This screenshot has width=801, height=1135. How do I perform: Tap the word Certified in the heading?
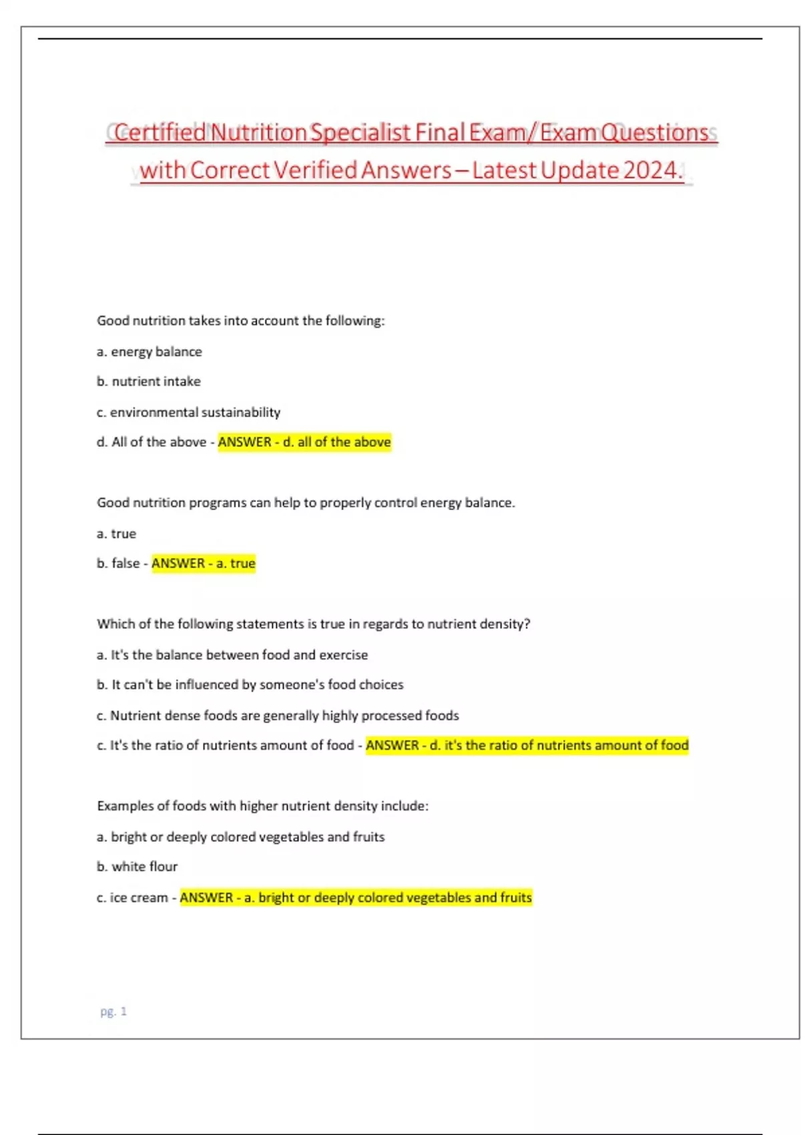click(x=160, y=133)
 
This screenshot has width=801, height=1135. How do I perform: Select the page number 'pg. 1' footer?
click(x=113, y=1011)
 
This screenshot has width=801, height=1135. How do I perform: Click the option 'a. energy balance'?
click(x=150, y=351)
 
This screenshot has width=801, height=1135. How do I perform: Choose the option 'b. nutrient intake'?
click(x=149, y=381)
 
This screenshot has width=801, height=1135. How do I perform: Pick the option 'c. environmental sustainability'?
click(x=189, y=412)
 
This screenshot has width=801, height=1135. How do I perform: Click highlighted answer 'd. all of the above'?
click(x=304, y=442)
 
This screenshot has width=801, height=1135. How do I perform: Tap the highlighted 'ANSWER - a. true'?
click(x=204, y=563)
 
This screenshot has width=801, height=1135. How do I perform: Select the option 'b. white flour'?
click(x=138, y=867)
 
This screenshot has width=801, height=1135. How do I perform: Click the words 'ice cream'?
click(x=139, y=897)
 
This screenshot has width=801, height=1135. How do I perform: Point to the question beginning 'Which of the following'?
click(x=314, y=624)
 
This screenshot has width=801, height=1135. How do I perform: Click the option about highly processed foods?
click(x=278, y=715)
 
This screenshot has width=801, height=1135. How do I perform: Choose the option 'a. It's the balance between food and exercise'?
click(x=232, y=654)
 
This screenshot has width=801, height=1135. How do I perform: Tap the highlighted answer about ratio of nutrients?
click(x=527, y=745)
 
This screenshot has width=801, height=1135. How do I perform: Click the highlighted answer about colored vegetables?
click(x=356, y=897)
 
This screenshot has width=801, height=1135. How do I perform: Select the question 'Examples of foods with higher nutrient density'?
click(x=263, y=806)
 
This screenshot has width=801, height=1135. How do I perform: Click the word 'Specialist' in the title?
click(x=360, y=133)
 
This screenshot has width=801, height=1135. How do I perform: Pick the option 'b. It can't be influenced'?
click(x=250, y=684)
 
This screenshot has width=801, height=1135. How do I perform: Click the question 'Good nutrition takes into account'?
click(x=241, y=320)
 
